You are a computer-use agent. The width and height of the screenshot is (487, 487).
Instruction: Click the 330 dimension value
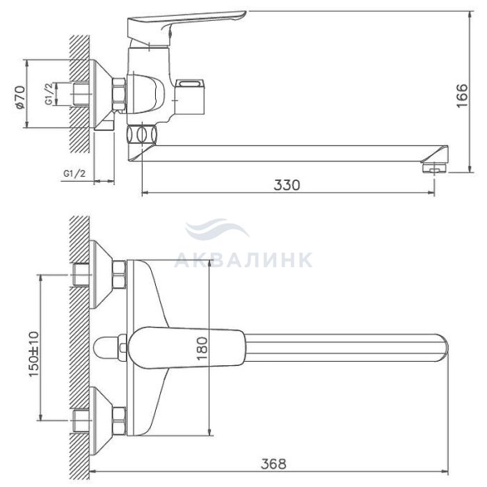[x=287, y=185]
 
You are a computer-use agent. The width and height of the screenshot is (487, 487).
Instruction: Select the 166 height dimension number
[x=462, y=95]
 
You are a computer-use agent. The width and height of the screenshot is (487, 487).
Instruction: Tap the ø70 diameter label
[x=19, y=97]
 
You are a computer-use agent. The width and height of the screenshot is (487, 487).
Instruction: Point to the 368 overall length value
[x=273, y=464]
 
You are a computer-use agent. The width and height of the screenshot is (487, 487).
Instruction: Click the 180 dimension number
[x=202, y=349]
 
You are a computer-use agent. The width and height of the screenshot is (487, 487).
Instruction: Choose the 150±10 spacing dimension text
[x=34, y=354]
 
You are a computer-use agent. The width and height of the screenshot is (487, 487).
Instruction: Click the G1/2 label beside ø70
[x=49, y=94]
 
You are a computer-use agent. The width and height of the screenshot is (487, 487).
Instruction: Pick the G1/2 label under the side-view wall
[x=74, y=173]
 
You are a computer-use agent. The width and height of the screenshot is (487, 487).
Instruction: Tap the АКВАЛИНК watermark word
[x=243, y=260]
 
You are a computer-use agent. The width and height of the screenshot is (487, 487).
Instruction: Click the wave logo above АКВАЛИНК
[x=217, y=229]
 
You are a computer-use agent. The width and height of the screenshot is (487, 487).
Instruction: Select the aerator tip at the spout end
[x=434, y=168]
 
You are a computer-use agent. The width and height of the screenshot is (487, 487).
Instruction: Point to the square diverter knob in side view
[x=190, y=97]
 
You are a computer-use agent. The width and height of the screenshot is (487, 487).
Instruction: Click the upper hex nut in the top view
[x=119, y=275]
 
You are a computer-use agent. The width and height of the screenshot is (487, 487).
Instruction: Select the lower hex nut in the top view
[x=119, y=421]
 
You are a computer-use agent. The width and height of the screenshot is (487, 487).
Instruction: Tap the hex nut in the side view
[x=119, y=94]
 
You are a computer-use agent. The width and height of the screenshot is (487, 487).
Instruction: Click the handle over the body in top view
[x=186, y=348]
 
